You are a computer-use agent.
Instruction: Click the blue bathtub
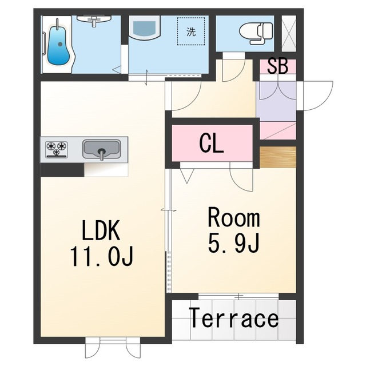point(58,46)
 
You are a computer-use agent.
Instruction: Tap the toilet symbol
point(256,33)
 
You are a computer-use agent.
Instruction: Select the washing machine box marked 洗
point(191,31)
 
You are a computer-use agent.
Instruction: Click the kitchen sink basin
point(102,149)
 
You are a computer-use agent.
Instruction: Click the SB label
point(277,66)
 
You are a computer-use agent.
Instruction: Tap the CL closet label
point(212,144)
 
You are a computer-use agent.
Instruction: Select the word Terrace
point(234,318)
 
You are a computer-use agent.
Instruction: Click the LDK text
point(101,230)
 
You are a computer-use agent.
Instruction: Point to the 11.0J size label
point(102,256)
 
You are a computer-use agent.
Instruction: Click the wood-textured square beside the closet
point(278,157)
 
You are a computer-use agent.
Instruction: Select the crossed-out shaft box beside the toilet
point(289,33)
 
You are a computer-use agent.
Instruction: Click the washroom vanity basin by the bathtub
point(94,19)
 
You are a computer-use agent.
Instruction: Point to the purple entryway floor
point(277,101)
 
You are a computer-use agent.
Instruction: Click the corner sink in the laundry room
point(144,27)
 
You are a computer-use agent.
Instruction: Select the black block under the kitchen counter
point(62,170)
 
